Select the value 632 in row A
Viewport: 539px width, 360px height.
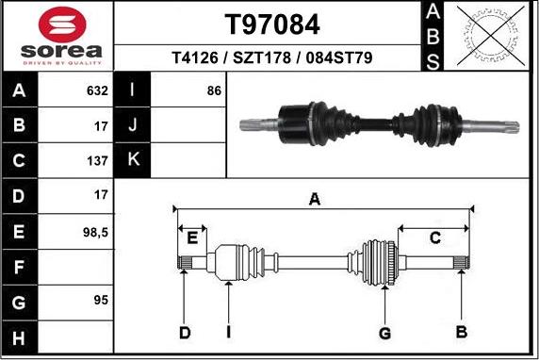[x=97, y=91]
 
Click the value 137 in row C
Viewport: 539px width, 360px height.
[x=97, y=161]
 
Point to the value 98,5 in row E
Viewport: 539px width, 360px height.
[x=95, y=231]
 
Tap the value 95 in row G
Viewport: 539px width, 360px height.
[x=100, y=301]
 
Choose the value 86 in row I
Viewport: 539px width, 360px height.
[x=213, y=91]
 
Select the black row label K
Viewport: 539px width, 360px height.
[x=132, y=161]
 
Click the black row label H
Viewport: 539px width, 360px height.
[x=20, y=335]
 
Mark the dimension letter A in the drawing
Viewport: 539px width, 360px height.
[x=315, y=199]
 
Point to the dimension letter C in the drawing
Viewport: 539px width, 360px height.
[x=434, y=237]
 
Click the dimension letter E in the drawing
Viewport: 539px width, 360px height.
[x=192, y=237]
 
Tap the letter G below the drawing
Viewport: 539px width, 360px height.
[x=384, y=332]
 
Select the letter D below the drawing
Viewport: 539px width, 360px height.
[x=185, y=332]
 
